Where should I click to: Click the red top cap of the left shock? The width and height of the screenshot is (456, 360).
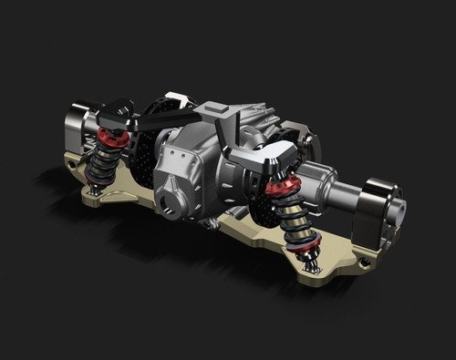(112, 138)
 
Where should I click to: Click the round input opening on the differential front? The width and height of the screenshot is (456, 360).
(172, 200)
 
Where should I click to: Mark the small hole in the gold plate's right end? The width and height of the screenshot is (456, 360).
(365, 263)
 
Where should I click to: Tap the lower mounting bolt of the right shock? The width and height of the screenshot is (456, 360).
(313, 266)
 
